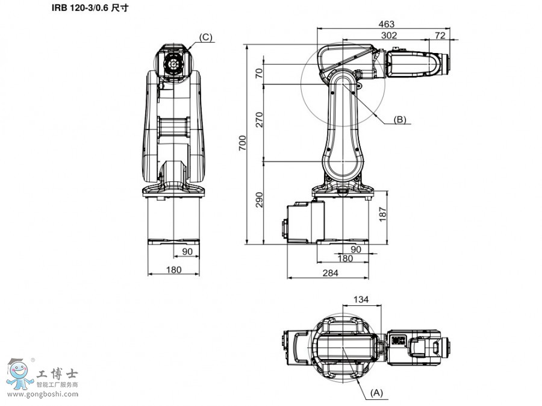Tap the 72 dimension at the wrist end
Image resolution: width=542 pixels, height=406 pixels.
point(440,36)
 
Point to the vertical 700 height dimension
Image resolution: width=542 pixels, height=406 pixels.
point(242,143)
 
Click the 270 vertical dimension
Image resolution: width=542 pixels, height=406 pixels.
point(260,119)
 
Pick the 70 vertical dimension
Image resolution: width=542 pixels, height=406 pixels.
point(260,73)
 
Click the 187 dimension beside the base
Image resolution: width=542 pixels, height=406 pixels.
point(382,213)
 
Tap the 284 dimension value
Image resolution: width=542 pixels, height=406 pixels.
point(330,273)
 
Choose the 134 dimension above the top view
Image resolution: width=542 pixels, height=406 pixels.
point(361,299)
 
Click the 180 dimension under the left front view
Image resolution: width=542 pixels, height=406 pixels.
point(173,270)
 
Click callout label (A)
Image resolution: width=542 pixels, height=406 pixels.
point(376,392)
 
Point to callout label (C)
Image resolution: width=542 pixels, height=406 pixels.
point(205,37)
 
